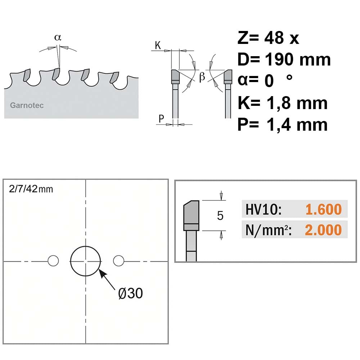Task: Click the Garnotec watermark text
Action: click(x=27, y=105)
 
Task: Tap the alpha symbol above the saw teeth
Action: click(x=58, y=37)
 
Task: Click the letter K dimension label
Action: click(x=158, y=45)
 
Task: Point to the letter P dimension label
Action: click(x=161, y=118)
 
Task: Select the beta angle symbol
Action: click(x=202, y=77)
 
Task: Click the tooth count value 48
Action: click(x=274, y=38)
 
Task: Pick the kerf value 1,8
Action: click(x=279, y=104)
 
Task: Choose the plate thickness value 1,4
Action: click(x=279, y=125)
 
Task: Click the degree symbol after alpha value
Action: click(x=289, y=77)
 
